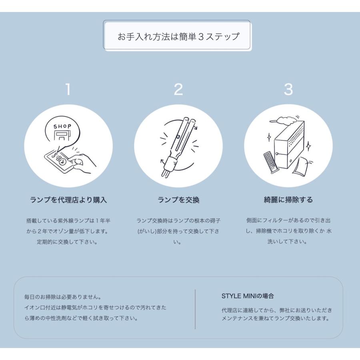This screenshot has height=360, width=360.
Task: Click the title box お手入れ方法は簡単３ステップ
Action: pyautogui.click(x=177, y=36)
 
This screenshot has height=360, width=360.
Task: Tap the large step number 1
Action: pyautogui.click(x=68, y=90)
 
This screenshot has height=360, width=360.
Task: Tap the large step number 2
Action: pyautogui.click(x=178, y=90)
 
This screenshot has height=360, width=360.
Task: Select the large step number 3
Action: pyautogui.click(x=288, y=90)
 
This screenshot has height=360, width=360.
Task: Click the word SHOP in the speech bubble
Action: pyautogui.click(x=62, y=126)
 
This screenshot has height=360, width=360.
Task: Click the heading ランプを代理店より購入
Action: pyautogui.click(x=68, y=200)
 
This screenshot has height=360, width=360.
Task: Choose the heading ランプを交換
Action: pyautogui.click(x=178, y=200)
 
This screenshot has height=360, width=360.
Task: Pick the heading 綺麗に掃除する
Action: pyautogui.click(x=288, y=200)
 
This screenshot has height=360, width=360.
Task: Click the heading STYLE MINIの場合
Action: pyautogui.click(x=248, y=296)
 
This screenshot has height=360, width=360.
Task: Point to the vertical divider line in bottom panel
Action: pyautogui.click(x=195, y=309)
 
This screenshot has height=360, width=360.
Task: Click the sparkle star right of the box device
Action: pyautogui.click(x=308, y=147)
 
